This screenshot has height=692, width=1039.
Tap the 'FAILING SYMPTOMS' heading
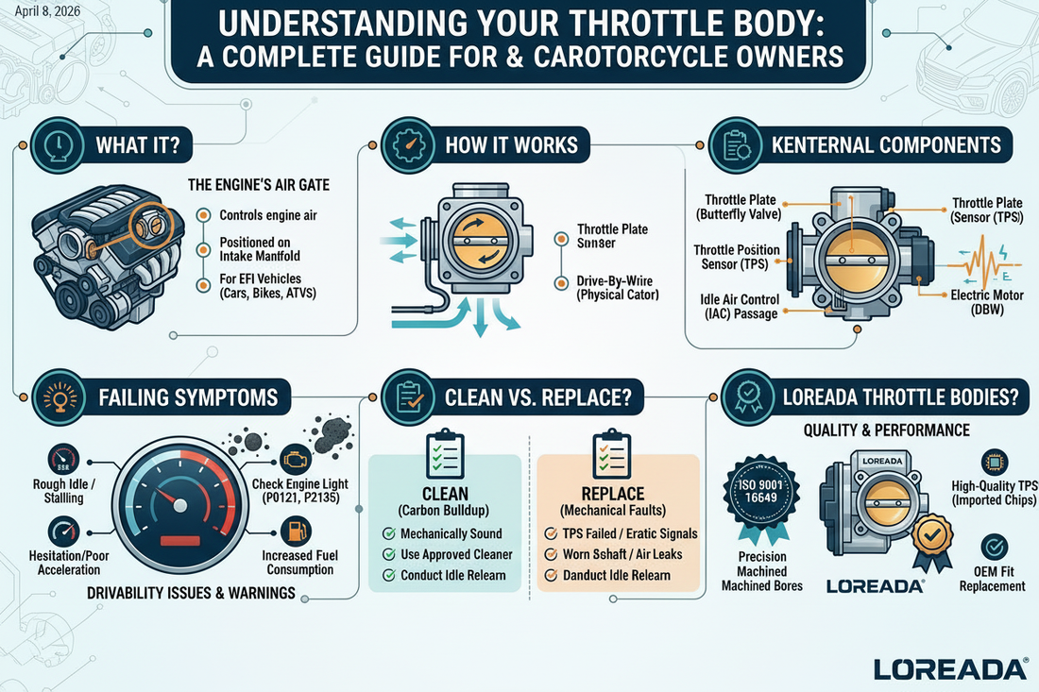[188, 397]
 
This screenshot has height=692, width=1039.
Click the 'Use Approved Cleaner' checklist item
[455, 554]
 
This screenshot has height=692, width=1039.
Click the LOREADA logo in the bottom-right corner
[950, 668]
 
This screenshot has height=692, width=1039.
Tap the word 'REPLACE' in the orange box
[614, 494]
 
